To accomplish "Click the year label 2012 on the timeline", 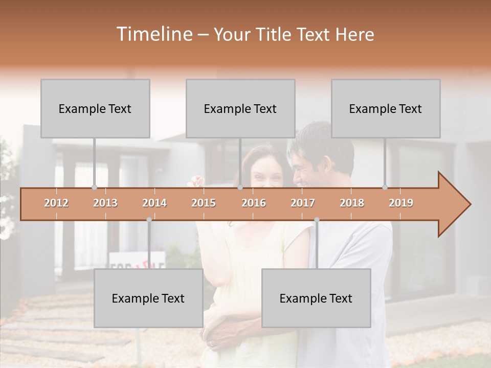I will click(x=56, y=203).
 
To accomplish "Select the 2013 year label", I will click(x=105, y=203).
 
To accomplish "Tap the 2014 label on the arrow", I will click(x=154, y=203).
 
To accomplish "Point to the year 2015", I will click(x=204, y=203).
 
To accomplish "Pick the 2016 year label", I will click(x=254, y=203).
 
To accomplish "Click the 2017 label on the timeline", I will click(x=303, y=203).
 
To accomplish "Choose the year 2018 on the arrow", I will click(x=352, y=203).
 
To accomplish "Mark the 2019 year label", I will click(x=401, y=203).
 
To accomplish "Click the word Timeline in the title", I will click(x=153, y=34).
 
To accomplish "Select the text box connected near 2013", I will click(x=95, y=109).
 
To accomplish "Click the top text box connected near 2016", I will click(x=240, y=109).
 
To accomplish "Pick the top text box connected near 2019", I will click(x=386, y=109).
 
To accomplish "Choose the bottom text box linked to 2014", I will click(x=148, y=298).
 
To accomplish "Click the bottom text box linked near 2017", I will click(x=316, y=298).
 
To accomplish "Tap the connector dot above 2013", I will click(x=94, y=188).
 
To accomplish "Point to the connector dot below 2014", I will click(x=149, y=220).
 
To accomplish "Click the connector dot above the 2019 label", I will click(x=385, y=188).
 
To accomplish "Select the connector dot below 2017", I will click(x=317, y=220).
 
